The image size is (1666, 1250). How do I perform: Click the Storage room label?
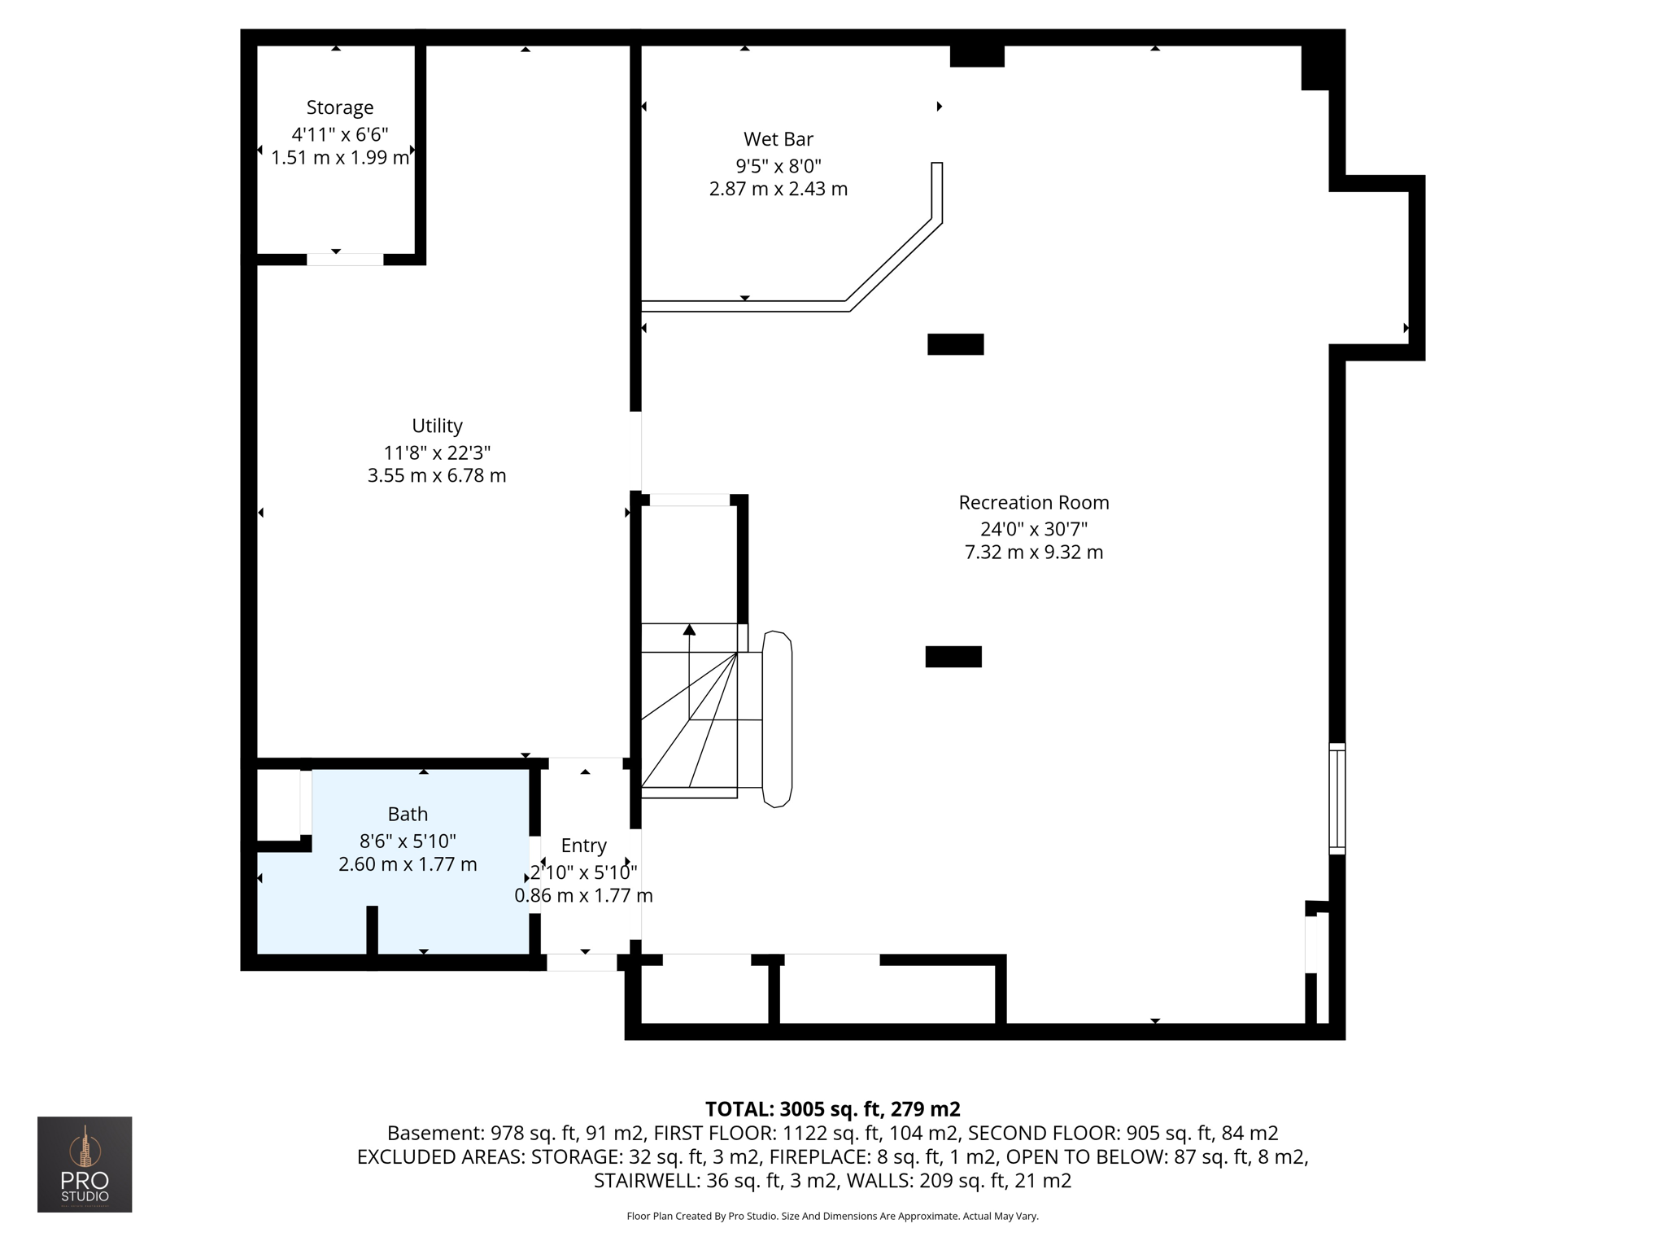(339, 107)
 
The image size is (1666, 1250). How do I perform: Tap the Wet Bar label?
(778, 139)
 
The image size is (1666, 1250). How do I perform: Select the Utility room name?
(437, 426)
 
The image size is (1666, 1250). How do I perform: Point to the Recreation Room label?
(1033, 502)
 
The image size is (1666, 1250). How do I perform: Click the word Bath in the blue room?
(408, 814)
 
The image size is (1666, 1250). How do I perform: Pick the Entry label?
(583, 846)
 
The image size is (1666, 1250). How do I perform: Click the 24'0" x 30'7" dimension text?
(1033, 529)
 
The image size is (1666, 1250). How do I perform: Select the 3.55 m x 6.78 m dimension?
(437, 475)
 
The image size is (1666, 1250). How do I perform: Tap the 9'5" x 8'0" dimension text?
(778, 166)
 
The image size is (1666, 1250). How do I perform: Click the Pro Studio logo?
(85, 1164)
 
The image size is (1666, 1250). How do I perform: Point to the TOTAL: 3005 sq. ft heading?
(832, 1109)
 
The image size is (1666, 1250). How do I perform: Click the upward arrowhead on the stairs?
(689, 629)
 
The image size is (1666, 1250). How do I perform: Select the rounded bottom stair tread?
(777, 719)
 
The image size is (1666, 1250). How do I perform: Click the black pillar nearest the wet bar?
(955, 344)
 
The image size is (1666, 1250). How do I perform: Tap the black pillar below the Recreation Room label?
(953, 656)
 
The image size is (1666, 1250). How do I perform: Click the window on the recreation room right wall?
(1337, 798)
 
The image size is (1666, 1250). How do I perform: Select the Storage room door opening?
(345, 260)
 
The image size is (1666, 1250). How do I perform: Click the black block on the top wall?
(977, 55)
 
